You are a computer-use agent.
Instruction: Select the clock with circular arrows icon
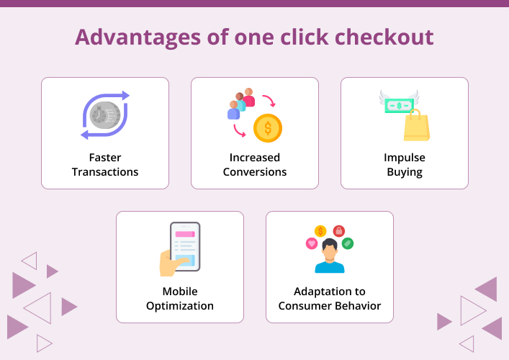[105, 115]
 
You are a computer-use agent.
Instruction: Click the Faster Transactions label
[104, 165]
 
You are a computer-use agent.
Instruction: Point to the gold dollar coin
[268, 128]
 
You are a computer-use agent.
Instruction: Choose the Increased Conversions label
[255, 165]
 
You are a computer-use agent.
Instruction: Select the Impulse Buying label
[405, 165]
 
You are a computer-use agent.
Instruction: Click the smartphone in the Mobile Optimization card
[185, 246]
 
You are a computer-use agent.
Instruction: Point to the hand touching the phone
[173, 263]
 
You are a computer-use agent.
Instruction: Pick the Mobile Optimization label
[180, 299]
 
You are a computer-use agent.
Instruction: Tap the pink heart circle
[312, 243]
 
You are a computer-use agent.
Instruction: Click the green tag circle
[348, 243]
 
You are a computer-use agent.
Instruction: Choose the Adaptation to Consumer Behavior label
[330, 299]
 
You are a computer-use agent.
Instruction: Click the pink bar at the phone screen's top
[185, 234]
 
